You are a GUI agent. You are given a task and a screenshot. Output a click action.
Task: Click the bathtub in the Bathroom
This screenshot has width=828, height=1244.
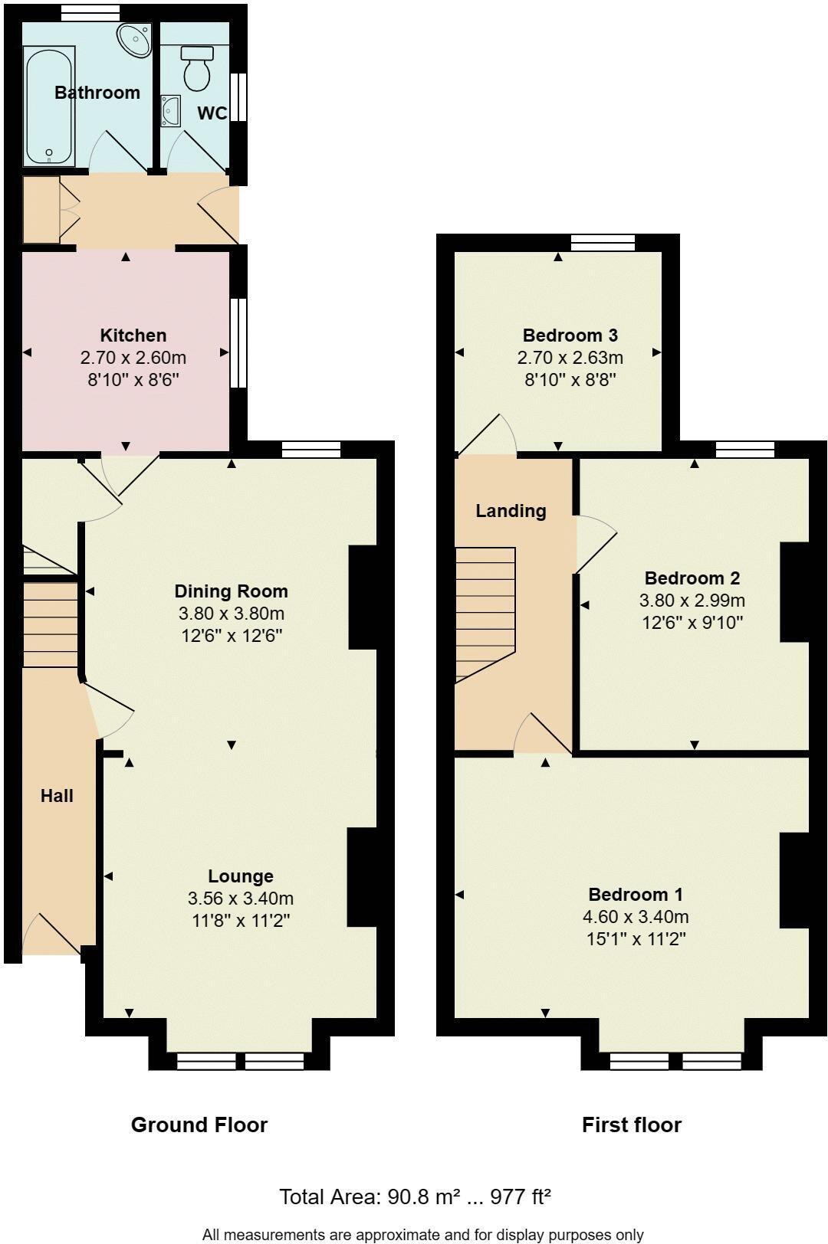[49, 106]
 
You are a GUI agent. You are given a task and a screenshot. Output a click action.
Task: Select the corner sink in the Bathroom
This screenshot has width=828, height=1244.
[136, 39]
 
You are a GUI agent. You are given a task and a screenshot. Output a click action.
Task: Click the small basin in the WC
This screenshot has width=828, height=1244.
[170, 111]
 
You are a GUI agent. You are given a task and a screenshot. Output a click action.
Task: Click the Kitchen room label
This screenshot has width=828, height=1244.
[133, 336]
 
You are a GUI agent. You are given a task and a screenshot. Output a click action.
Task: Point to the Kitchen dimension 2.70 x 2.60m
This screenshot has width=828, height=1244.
[133, 358]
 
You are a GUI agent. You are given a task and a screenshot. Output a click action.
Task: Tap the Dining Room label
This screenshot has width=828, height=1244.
[231, 591]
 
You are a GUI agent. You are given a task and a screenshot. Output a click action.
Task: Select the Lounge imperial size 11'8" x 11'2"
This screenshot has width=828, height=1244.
[240, 920]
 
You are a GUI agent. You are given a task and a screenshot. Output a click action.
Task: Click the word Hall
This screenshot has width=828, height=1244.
[57, 796]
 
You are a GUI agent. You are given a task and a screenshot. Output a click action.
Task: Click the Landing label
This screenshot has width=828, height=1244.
[511, 511]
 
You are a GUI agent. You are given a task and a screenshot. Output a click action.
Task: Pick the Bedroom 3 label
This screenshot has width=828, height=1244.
[570, 336]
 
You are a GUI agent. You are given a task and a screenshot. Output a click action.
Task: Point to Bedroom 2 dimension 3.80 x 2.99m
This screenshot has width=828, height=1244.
[692, 601]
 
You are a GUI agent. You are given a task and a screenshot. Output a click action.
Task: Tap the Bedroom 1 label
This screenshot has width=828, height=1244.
[635, 895]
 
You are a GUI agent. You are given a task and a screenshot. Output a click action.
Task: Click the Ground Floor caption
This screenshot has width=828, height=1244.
[199, 1125]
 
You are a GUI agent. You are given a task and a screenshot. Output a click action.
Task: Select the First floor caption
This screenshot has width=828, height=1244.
[631, 1125]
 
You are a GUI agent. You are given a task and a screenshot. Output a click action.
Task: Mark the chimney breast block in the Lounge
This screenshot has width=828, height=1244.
[363, 877]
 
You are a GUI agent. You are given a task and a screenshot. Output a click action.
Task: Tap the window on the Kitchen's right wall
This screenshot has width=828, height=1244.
[239, 342]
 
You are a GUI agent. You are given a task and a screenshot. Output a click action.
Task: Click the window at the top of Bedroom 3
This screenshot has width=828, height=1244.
[603, 243]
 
